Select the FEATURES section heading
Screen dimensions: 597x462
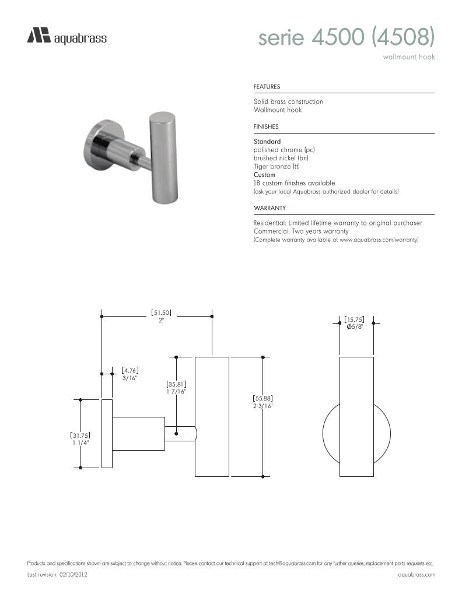click(x=267, y=87)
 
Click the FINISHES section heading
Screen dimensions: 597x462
click(x=266, y=127)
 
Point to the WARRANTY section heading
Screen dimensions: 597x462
click(x=269, y=208)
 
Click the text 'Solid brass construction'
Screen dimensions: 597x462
click(x=288, y=101)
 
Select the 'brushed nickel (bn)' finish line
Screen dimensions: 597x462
click(x=281, y=158)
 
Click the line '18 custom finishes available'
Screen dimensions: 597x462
click(x=294, y=183)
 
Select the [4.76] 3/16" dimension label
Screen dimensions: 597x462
click(x=129, y=374)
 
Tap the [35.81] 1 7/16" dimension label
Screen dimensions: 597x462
click(x=176, y=388)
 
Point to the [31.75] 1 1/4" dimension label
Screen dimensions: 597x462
click(x=80, y=439)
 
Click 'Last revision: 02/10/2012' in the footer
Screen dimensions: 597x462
click(x=58, y=575)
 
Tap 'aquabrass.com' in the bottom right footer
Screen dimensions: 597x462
click(x=416, y=575)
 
